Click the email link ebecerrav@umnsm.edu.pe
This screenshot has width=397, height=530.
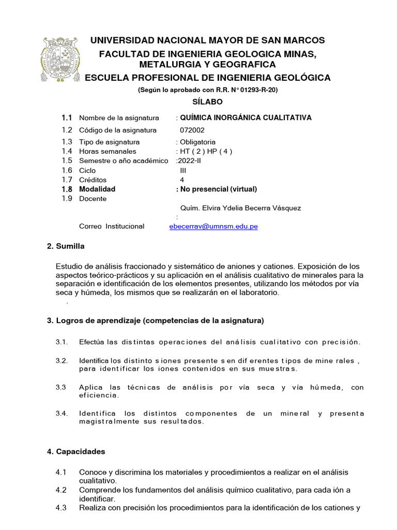click(x=213, y=226)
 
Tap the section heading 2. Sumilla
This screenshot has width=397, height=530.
click(x=66, y=246)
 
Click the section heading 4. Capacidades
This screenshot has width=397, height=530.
click(x=76, y=451)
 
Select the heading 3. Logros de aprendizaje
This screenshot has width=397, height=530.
click(x=155, y=320)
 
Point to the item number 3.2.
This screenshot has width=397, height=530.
click(x=62, y=360)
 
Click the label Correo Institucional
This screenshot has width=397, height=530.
click(x=112, y=226)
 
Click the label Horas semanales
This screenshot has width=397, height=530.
click(x=108, y=151)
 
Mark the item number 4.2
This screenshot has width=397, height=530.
click(x=61, y=490)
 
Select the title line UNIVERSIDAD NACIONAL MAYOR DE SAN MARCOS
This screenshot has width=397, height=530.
click(x=207, y=40)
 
